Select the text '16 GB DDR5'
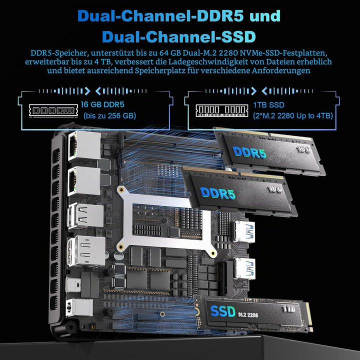pyautogui.click(x=102, y=104)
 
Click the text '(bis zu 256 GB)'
pyautogui.click(x=109, y=115)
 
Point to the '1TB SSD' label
pyautogui.click(x=268, y=105)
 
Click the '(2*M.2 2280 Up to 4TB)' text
pyautogui.click(x=293, y=115)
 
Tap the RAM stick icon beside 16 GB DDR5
pyautogui.click(x=53, y=110)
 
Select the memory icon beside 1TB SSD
pyautogui.click(x=222, y=110)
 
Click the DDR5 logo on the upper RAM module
pyautogui.click(x=249, y=152)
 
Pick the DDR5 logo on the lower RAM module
pyautogui.click(x=217, y=193)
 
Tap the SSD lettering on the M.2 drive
pyautogui.click(x=222, y=311)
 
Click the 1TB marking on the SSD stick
pyautogui.click(x=289, y=309)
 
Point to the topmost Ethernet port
pyautogui.click(x=84, y=145)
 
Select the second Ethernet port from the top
pyautogui.click(x=84, y=181)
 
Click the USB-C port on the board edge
pyautogui.click(x=73, y=284)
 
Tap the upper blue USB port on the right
pyautogui.click(x=244, y=231)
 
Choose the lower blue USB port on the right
pyautogui.click(x=244, y=268)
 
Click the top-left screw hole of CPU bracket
pyautogui.click(x=121, y=190)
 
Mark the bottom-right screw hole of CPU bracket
pyautogui.click(x=213, y=253)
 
